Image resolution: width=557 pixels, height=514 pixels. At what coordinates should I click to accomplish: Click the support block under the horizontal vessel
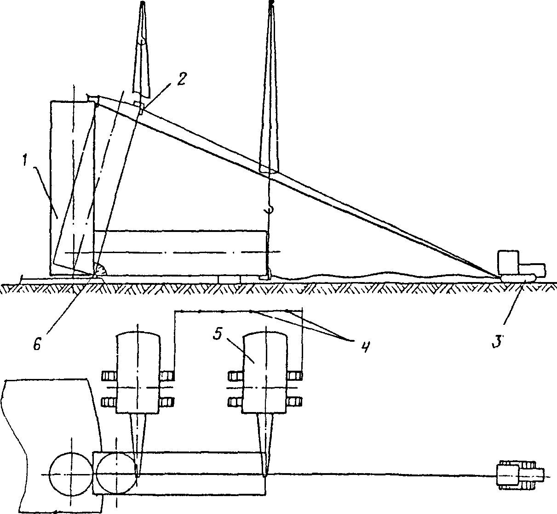229,279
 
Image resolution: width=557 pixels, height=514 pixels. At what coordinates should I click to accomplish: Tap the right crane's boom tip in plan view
265,473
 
